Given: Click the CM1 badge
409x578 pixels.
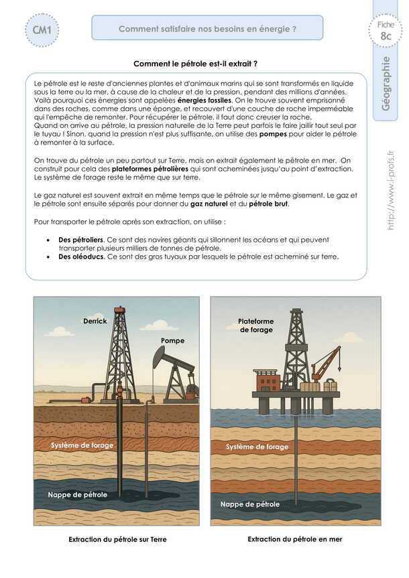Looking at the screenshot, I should tap(42, 31).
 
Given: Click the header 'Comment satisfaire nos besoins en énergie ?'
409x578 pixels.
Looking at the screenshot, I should tap(207, 29).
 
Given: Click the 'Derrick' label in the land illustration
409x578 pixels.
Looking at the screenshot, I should tap(95, 321).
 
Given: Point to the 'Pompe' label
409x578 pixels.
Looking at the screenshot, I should tap(172, 341).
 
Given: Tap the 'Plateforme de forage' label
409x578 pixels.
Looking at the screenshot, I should tap(256, 326).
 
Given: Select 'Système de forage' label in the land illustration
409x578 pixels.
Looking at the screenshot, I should tap(82, 445).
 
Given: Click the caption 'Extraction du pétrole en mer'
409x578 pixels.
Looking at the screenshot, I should tap(294, 539).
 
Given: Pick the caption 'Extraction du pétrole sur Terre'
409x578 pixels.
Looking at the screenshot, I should tap(117, 539).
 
